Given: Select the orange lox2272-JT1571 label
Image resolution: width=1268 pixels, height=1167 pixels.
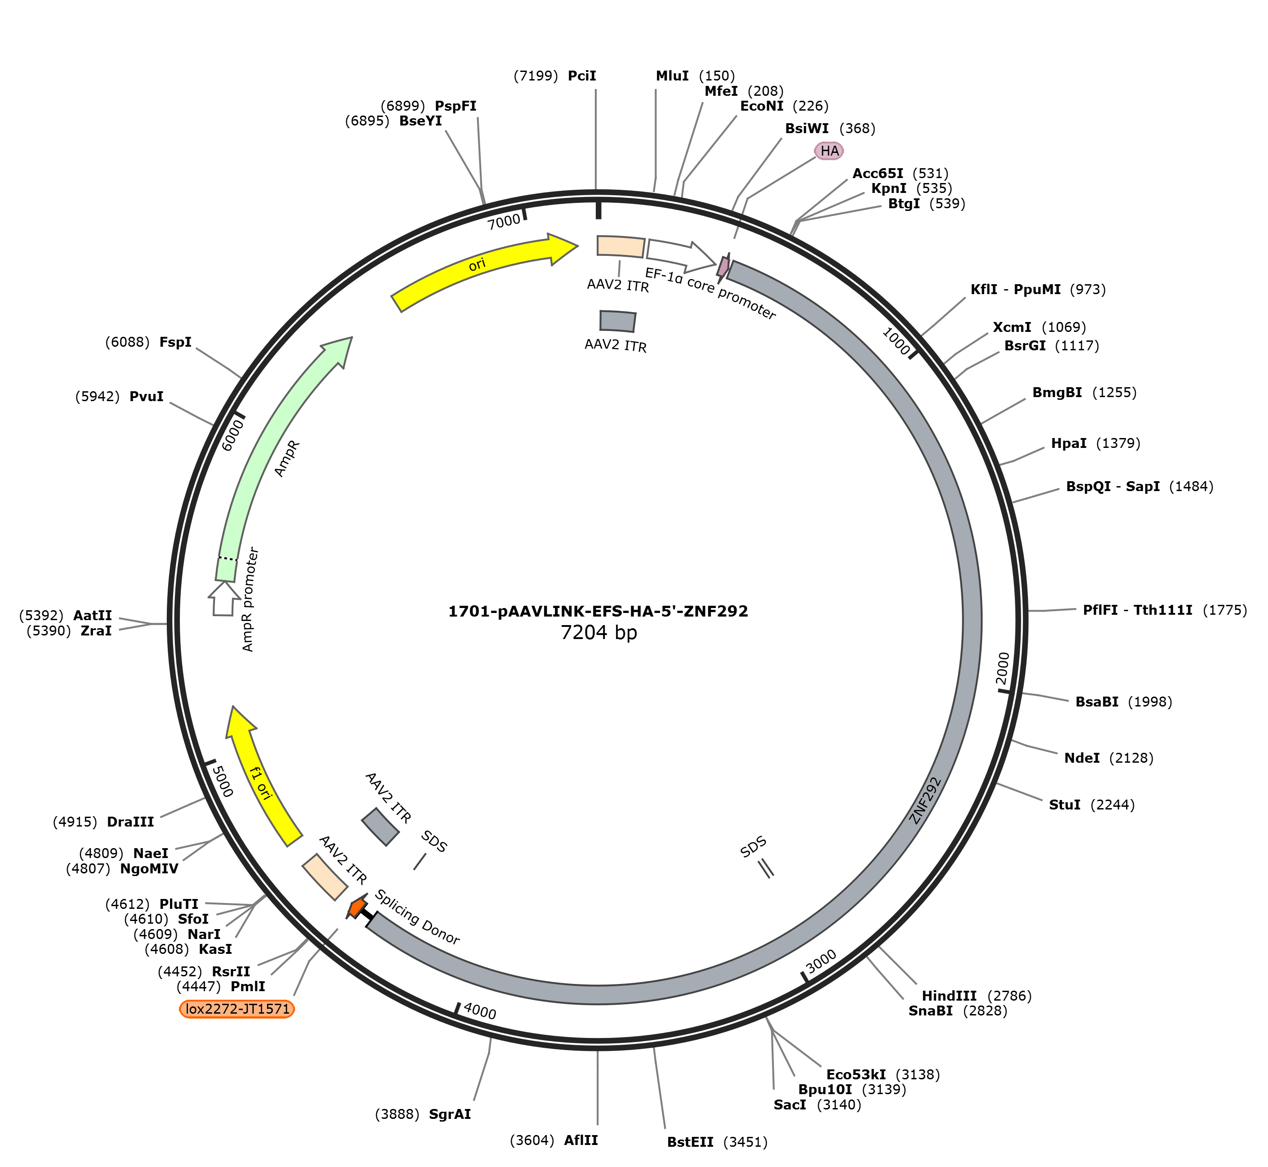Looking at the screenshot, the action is tap(237, 1009).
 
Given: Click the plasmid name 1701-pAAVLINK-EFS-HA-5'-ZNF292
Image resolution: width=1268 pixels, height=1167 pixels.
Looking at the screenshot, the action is tap(598, 611).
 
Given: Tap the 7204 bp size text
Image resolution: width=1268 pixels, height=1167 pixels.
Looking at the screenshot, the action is tap(598, 633).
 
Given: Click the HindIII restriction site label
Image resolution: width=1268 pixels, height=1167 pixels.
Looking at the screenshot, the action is tap(949, 996).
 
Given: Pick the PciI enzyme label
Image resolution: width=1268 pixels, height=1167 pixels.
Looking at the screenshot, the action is tap(581, 76).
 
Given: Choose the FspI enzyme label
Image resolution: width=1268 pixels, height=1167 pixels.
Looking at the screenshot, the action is tap(175, 342).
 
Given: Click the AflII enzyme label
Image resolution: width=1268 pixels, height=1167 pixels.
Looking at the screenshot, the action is tap(581, 1140).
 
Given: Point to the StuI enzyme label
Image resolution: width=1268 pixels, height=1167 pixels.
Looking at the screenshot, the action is tap(1065, 805).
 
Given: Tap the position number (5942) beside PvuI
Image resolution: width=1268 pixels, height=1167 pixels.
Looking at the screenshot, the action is tap(97, 397).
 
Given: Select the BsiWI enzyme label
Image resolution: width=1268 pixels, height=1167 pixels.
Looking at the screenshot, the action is tap(807, 129).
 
